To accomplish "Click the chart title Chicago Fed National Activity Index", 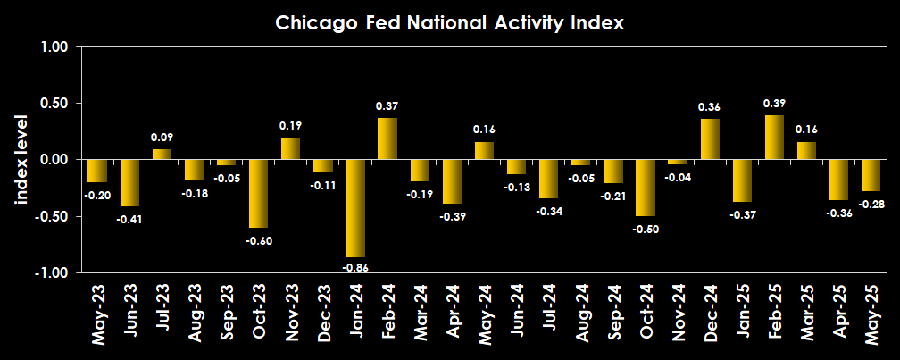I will coord(449,23).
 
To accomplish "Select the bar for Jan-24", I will coord(355,208).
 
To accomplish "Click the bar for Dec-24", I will coord(710,139).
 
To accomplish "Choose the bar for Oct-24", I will coord(646,188).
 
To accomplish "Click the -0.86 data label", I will coord(355,267).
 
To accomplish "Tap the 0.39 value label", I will coord(774,104).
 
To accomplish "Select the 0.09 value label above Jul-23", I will coord(162,138).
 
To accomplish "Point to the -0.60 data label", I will coord(258,240).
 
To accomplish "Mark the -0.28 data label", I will coord(871,204).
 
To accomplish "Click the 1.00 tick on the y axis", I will coord(54,47).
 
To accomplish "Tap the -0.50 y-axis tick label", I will coord(52,216).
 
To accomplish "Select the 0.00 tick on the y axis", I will coord(54,160).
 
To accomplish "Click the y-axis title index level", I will coord(21,160).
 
